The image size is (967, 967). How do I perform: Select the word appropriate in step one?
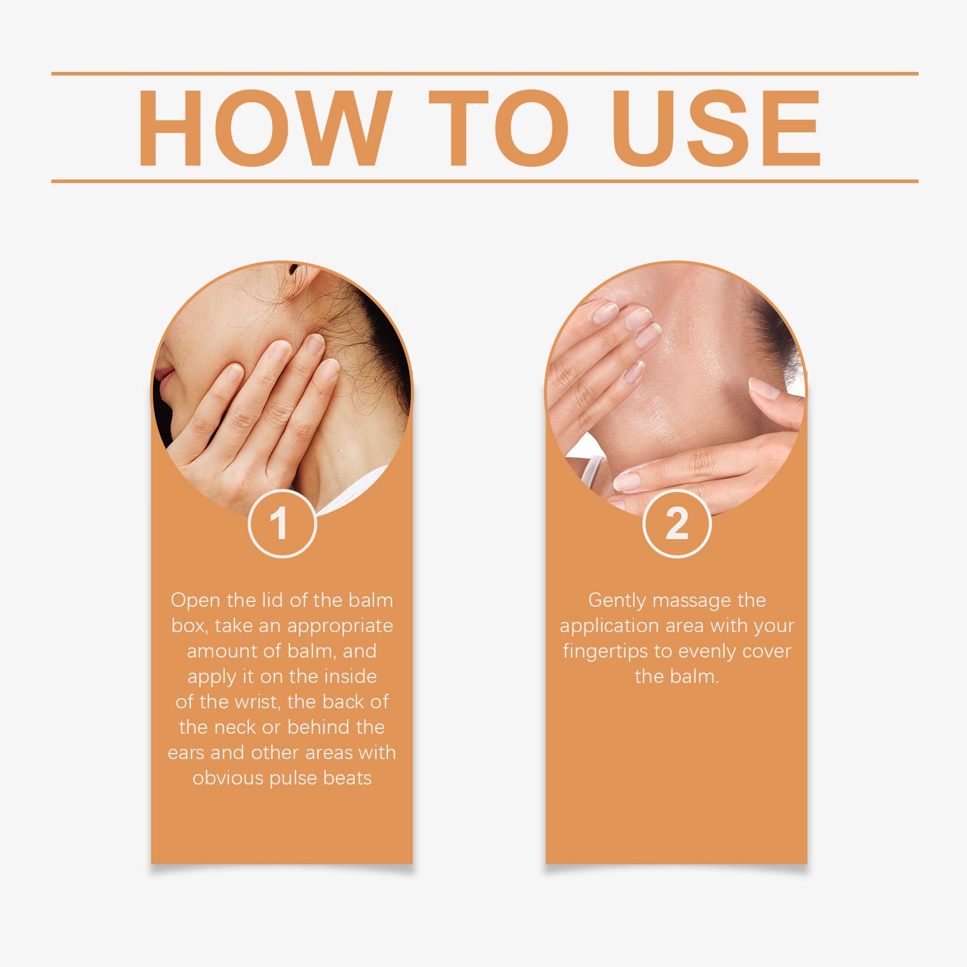click(340, 626)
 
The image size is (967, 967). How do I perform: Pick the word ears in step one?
click(187, 753)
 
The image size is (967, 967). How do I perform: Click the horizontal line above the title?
click(485, 74)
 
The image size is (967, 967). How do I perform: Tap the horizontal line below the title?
click(485, 181)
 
